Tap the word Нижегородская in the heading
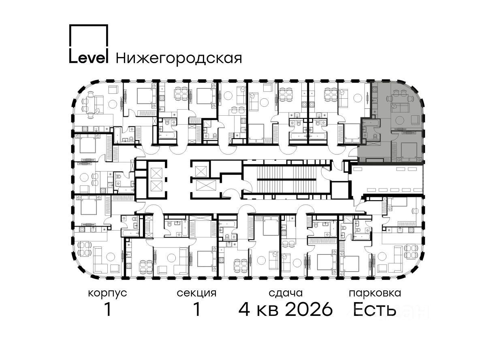pyautogui.click(x=179, y=58)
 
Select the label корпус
pyautogui.click(x=107, y=294)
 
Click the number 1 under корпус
pyautogui.click(x=108, y=310)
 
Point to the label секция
pyautogui.click(x=196, y=293)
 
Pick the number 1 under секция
pyautogui.click(x=197, y=310)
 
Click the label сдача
pyautogui.click(x=286, y=293)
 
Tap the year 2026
pyautogui.click(x=309, y=310)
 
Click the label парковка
pyautogui.click(x=375, y=294)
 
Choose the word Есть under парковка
pyautogui.click(x=374, y=310)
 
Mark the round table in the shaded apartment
pyautogui.click(x=400, y=121)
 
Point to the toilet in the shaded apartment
pyautogui.click(x=376, y=136)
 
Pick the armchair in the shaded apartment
pyautogui.click(x=416, y=120)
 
